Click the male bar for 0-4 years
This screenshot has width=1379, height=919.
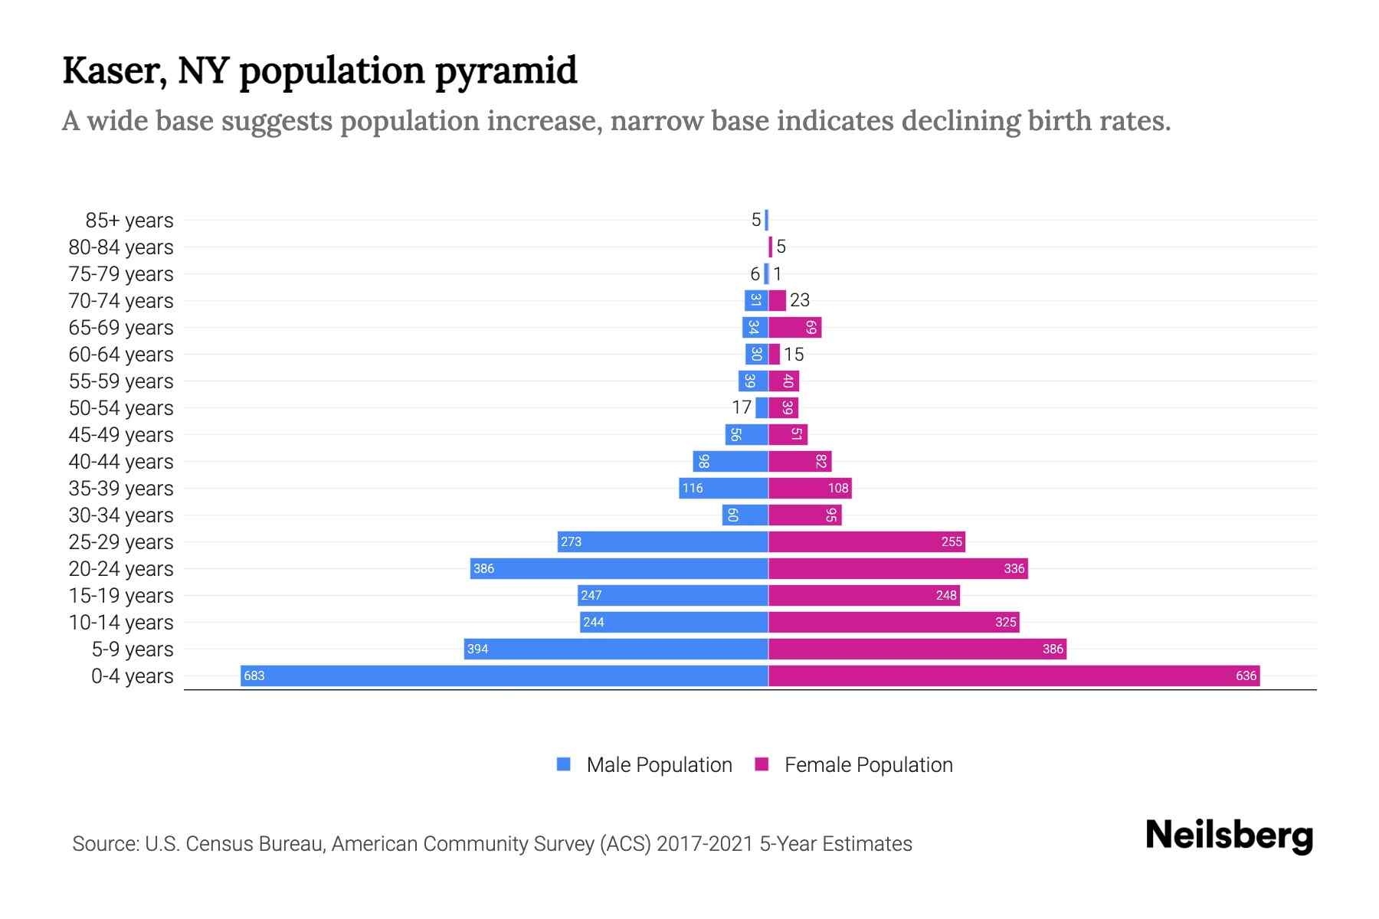point(504,675)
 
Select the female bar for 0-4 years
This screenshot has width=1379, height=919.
point(1014,675)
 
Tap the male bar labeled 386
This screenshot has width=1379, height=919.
point(619,568)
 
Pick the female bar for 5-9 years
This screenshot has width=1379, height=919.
point(917,649)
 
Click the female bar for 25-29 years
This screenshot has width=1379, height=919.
point(866,541)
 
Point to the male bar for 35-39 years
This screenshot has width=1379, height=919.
point(723,488)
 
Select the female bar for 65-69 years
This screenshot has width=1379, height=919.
point(794,327)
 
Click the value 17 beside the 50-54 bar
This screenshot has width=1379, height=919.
point(742,407)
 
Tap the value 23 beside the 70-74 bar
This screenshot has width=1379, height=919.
point(800,300)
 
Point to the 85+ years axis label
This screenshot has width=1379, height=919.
point(129,221)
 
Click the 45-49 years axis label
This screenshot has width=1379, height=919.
point(121,435)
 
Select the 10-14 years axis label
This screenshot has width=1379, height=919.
point(121,623)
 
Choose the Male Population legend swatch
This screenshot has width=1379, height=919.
point(564,764)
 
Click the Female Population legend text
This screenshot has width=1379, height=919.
point(868,765)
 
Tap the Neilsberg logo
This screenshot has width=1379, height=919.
point(1229,836)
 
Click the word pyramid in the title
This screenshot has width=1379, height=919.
point(506,72)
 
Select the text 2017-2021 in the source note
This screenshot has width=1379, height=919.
point(705,844)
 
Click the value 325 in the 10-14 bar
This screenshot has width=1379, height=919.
point(1005,623)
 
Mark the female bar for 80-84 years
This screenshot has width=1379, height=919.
point(770,247)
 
